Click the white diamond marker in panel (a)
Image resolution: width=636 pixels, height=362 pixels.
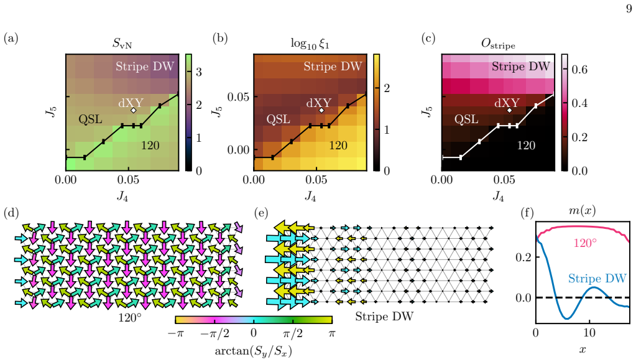[x=134, y=110]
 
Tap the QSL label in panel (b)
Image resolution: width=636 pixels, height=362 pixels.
[x=279, y=119]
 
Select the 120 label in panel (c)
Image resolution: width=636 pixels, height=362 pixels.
[x=526, y=146]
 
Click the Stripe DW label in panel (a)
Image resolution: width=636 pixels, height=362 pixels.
[x=145, y=66]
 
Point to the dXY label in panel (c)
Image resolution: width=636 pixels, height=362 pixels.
[x=507, y=103]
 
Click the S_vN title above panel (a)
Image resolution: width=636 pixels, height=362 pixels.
[x=122, y=43]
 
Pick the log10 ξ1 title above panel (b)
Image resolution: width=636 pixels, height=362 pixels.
[x=310, y=44]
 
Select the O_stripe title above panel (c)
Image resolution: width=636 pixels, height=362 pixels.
[x=498, y=44]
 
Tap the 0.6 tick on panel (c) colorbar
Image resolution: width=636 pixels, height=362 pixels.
[x=579, y=70]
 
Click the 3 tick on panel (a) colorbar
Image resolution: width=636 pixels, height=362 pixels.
[x=199, y=72]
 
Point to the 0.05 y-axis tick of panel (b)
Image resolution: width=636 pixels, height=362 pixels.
[x=238, y=97]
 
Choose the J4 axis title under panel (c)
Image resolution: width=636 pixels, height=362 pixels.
[x=498, y=197]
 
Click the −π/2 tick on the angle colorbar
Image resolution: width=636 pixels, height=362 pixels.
[x=214, y=334]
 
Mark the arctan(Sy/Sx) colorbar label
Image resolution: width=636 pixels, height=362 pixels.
[x=253, y=351]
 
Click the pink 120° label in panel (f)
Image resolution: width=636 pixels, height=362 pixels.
[x=585, y=243]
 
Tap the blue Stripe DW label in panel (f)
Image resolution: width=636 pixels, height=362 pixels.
[x=597, y=279]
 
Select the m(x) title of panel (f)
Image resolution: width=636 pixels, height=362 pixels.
[x=583, y=211]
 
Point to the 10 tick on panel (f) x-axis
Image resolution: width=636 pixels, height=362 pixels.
[x=589, y=333]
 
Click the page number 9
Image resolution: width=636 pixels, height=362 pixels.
[x=629, y=9]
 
